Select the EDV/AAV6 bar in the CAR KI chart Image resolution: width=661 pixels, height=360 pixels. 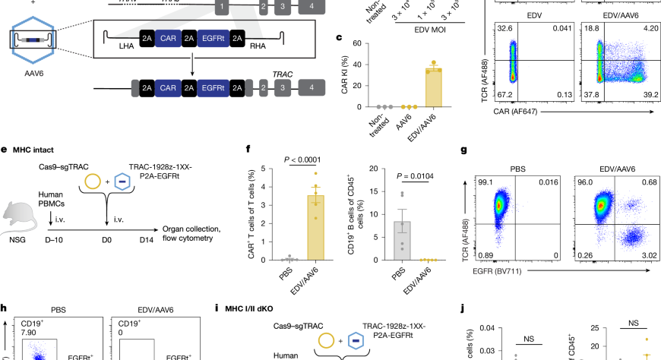tap(433, 87)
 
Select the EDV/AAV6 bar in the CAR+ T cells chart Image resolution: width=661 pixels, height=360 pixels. tap(315, 227)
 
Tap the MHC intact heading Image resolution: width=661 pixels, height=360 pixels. tap(35, 150)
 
